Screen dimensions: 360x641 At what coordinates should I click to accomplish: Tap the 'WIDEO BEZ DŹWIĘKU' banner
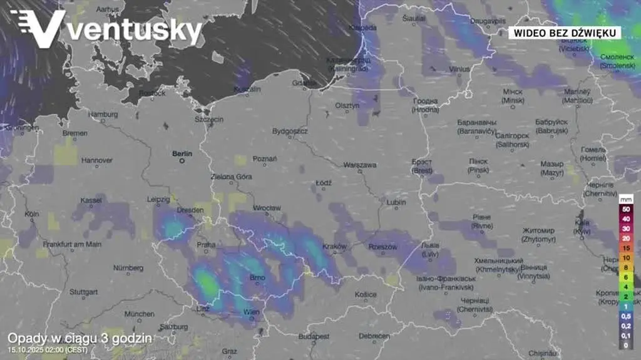(563, 32)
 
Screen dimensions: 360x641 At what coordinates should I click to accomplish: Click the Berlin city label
(183, 153)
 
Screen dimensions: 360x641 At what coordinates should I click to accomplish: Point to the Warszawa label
(359, 165)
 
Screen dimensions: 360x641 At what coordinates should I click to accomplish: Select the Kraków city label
(335, 247)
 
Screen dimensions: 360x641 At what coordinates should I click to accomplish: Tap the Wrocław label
(267, 208)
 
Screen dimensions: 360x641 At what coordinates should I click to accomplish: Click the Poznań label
(265, 159)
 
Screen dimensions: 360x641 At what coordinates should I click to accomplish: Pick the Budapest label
(314, 336)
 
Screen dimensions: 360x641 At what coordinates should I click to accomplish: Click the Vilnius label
(459, 69)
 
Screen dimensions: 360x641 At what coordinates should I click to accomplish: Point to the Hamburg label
(104, 115)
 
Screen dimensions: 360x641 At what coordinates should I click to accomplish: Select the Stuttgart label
(83, 292)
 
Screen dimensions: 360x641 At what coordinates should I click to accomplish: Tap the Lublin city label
(396, 202)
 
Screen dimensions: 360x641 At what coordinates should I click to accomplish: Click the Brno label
(257, 277)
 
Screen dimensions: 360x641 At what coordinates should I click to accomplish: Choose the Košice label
(366, 294)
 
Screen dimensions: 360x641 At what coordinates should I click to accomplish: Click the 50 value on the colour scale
(626, 208)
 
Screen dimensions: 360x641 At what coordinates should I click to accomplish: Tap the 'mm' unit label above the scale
(625, 198)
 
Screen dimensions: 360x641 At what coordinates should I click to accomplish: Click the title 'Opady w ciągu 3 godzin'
(79, 339)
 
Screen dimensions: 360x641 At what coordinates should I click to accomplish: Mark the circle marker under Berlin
(182, 160)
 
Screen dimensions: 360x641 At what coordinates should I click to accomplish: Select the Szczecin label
(209, 119)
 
